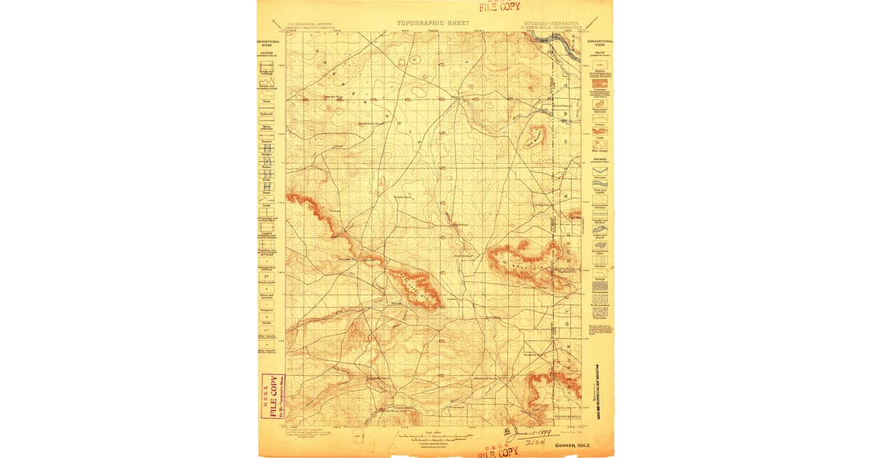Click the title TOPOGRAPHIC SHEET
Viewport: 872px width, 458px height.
coord(433,23)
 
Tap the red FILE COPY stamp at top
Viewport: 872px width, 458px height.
coord(498,7)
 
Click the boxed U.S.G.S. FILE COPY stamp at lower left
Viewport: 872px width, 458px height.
coord(272,397)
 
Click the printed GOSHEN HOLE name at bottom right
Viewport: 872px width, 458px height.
coord(573,445)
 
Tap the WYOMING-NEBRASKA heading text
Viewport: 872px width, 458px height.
coord(551,23)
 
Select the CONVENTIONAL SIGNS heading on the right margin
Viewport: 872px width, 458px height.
coord(599,43)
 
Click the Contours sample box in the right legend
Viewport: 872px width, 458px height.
coord(599,84)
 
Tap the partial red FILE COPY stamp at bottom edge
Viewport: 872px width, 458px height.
coord(498,452)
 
